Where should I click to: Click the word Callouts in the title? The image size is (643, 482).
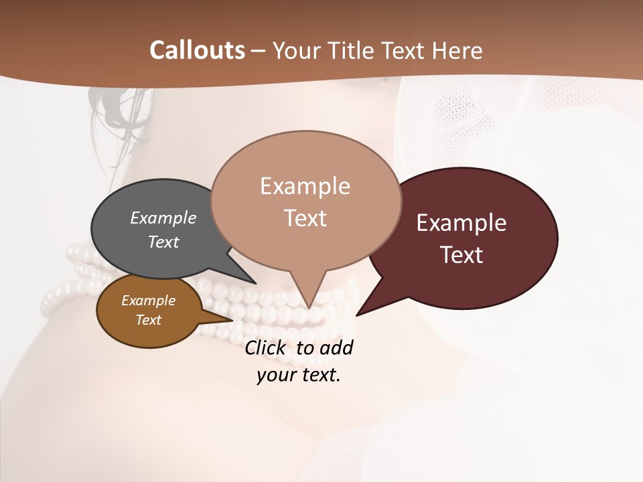197,50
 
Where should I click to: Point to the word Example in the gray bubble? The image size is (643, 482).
163,218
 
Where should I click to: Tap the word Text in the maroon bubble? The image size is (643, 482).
462,255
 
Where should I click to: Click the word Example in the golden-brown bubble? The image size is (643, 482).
148,301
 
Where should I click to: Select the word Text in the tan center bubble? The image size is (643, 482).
305,218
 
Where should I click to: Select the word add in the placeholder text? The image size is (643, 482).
338,348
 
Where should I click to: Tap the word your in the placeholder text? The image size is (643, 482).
273,375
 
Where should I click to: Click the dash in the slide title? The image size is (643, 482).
259,50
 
